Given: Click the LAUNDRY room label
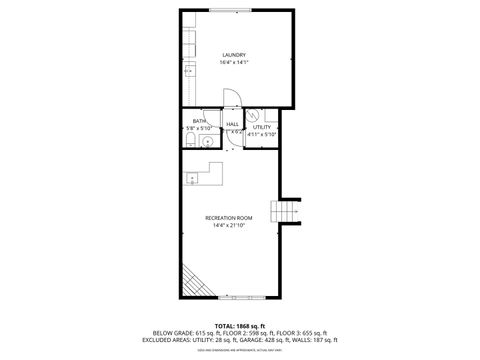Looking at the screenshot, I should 234,54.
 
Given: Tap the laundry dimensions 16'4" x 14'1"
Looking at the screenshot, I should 234,63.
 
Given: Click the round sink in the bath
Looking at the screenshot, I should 207,141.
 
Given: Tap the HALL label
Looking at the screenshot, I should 232,124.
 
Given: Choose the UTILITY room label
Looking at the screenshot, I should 262,127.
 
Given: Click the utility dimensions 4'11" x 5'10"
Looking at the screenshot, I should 262,134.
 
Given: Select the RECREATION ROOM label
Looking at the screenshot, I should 228,217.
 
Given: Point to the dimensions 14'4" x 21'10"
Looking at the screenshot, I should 228,226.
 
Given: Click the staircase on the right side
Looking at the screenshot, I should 289,211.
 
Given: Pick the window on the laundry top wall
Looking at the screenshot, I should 238,10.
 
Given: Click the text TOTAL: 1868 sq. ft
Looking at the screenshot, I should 239,325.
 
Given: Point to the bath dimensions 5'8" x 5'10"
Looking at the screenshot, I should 199,128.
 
